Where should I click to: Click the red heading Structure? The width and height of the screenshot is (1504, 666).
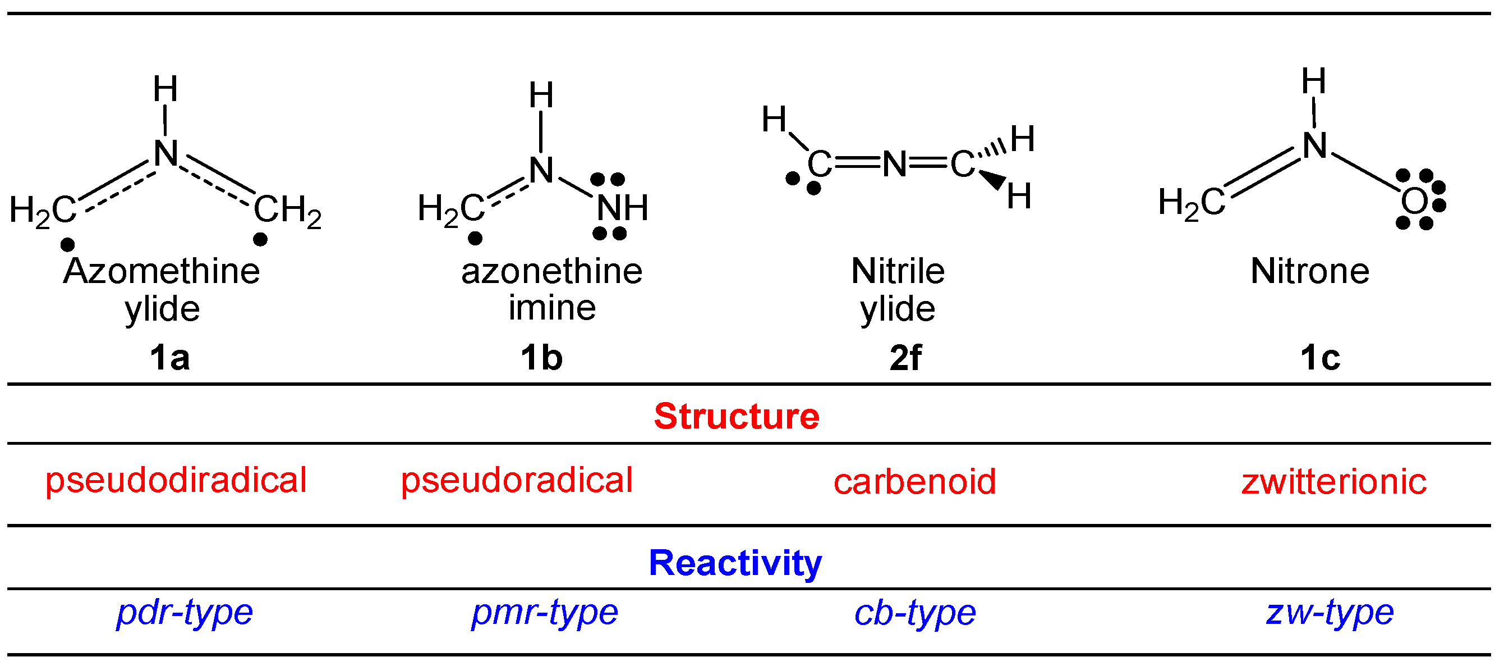point(736,417)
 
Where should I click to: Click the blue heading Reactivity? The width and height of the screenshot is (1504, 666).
point(735,563)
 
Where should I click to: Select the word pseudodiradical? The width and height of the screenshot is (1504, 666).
point(176,480)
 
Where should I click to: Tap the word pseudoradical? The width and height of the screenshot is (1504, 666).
point(516,480)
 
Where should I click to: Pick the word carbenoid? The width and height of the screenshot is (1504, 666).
point(914,482)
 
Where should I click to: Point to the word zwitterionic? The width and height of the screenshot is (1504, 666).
point(1333,482)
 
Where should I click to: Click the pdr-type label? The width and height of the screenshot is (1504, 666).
point(185,612)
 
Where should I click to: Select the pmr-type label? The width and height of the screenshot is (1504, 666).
point(544,612)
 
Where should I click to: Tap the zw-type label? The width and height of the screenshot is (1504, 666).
point(1330,612)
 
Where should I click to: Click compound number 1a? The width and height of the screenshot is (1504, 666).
point(169,358)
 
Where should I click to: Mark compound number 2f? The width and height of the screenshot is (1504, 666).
point(905,358)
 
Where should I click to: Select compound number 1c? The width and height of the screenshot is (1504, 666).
point(1320,358)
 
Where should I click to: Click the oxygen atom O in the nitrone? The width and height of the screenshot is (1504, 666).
point(1414,202)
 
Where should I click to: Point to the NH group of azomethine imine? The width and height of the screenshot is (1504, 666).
point(622,207)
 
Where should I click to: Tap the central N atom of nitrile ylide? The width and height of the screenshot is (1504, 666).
point(894,164)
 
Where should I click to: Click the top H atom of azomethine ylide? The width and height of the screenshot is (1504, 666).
point(165,89)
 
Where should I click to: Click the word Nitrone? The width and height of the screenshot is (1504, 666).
point(1309,272)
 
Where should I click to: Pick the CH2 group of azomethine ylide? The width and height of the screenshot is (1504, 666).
point(287,209)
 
